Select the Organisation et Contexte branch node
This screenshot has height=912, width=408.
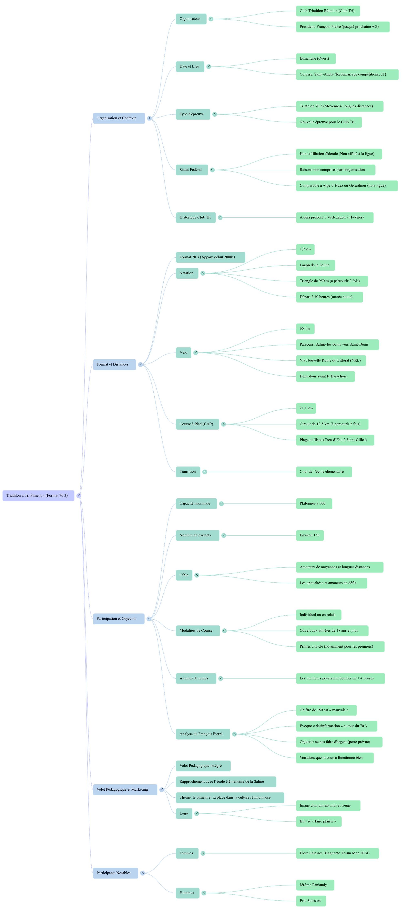[x=119, y=118]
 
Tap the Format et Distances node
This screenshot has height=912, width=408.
[x=114, y=364]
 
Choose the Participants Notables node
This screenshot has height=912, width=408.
[x=115, y=873]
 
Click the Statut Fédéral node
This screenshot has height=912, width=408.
[x=191, y=170]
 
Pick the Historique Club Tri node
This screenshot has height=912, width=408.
[x=195, y=217]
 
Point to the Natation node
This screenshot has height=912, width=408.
[x=187, y=273]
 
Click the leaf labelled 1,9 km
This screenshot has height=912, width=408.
[x=305, y=249]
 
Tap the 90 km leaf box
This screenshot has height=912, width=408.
[x=305, y=329]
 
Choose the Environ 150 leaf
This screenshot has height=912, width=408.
[x=309, y=535]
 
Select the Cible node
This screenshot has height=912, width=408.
[x=184, y=575]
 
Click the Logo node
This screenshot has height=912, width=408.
[x=184, y=813]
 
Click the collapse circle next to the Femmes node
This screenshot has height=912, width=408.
[x=203, y=853]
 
